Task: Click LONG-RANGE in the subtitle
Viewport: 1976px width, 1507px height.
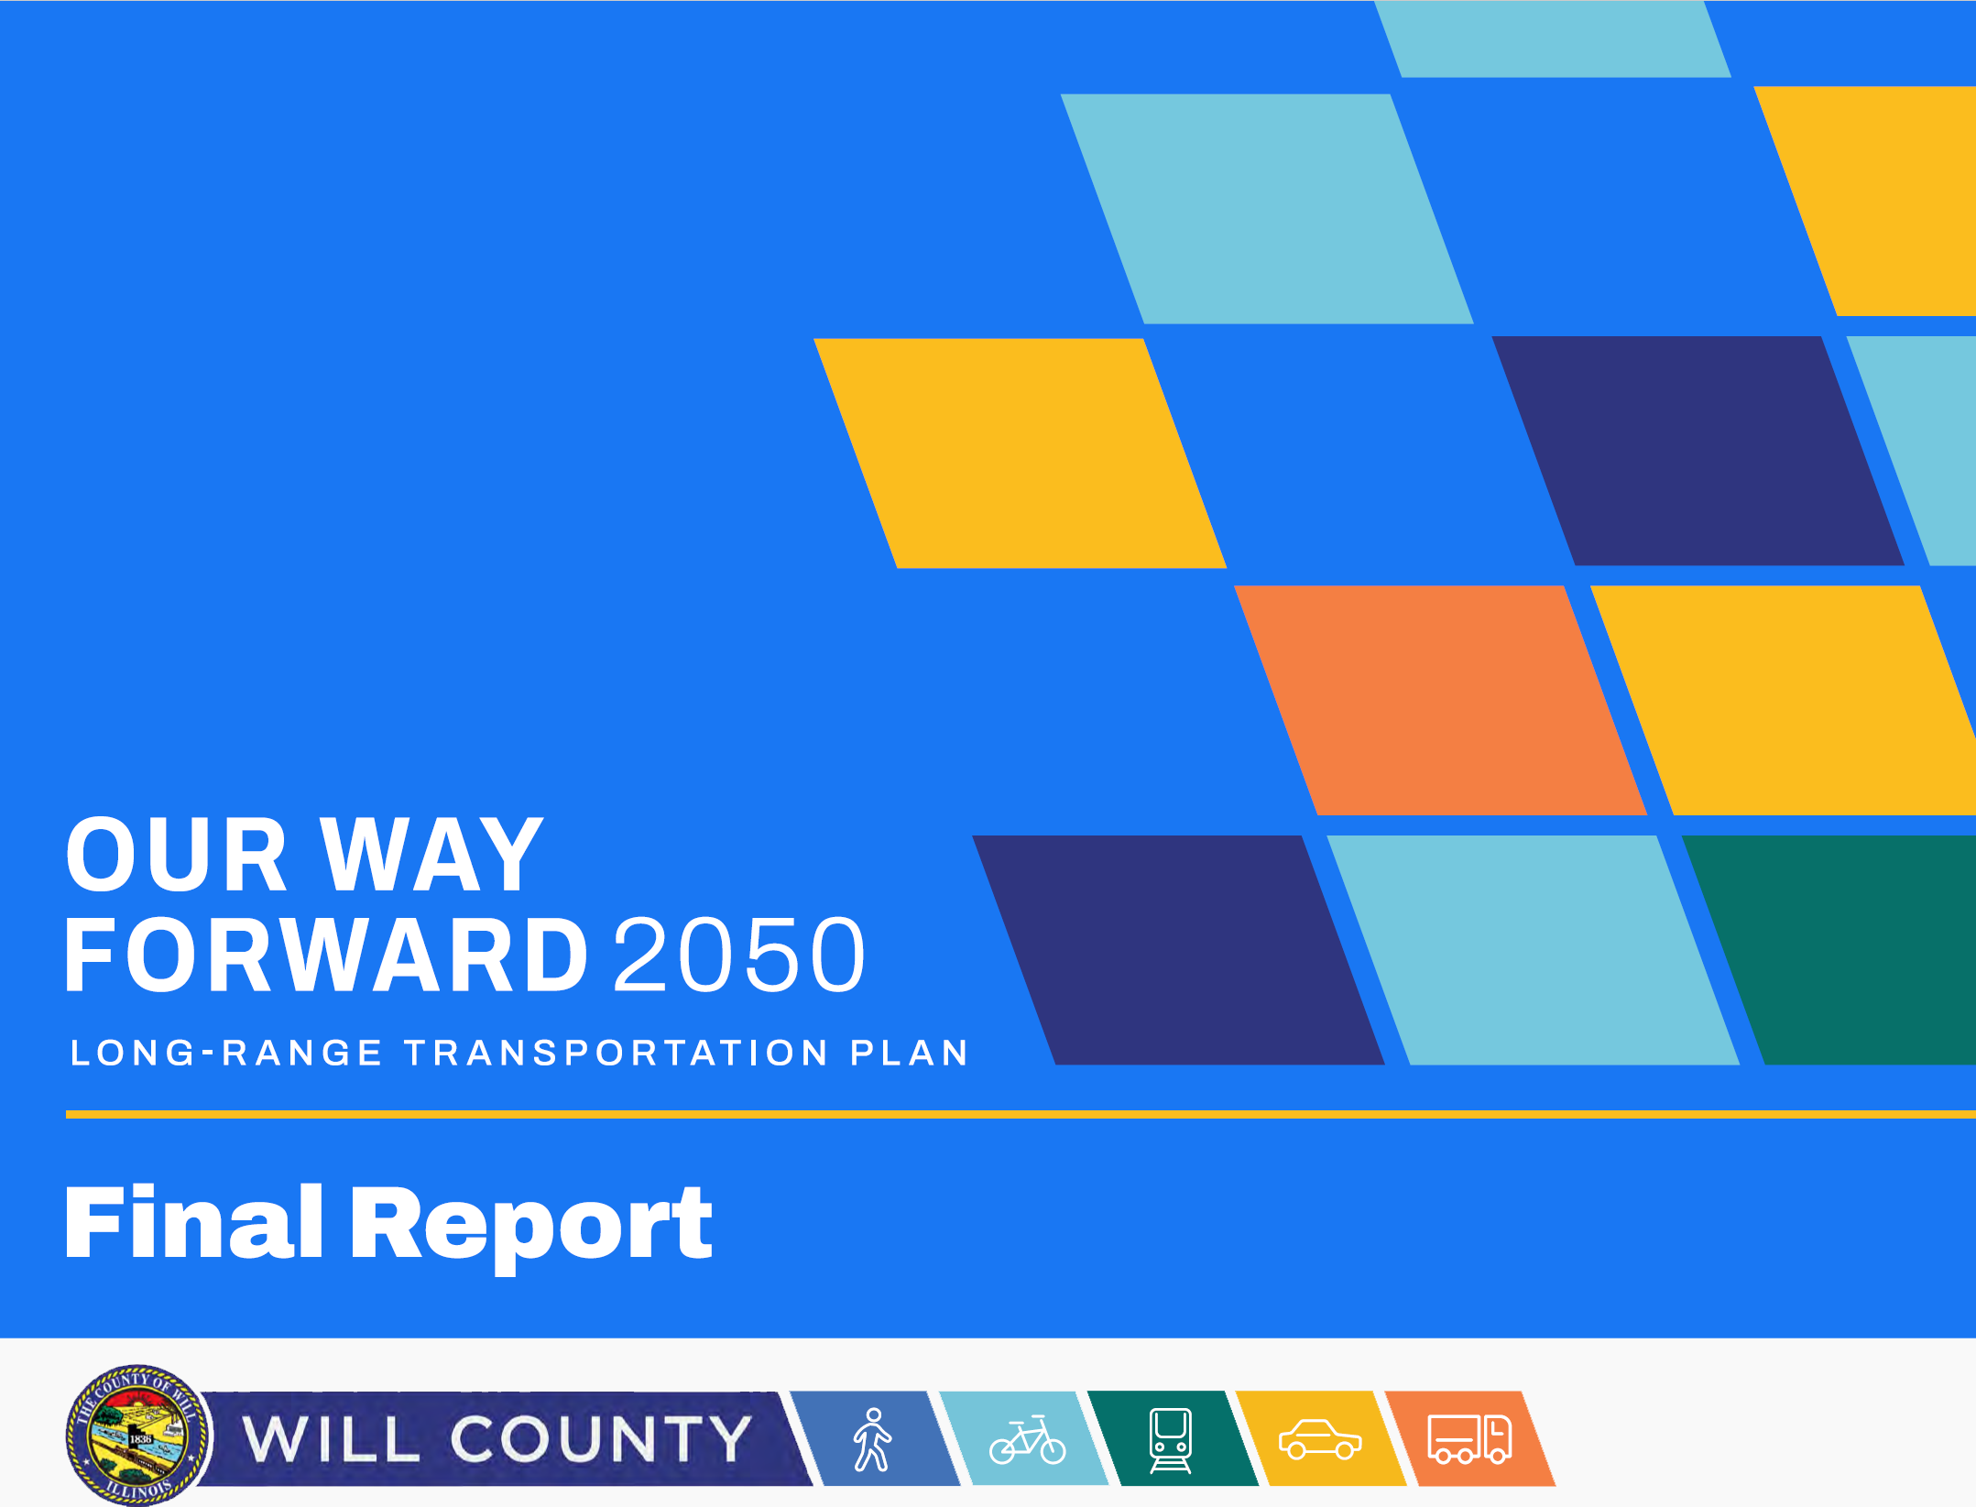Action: click(225, 1053)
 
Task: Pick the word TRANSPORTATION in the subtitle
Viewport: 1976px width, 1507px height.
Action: click(617, 1053)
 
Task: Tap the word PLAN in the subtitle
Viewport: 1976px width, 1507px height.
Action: click(909, 1053)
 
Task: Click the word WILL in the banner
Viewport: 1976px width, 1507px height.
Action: click(332, 1439)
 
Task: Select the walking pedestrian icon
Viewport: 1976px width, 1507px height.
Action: click(872, 1439)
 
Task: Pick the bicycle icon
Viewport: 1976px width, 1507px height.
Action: click(1028, 1440)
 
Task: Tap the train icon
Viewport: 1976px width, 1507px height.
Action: click(1171, 1439)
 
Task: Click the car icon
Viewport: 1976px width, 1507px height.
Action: click(1319, 1439)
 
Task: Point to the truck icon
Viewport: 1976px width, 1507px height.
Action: click(1469, 1439)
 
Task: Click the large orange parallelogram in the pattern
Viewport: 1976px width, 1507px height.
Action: click(1440, 700)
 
